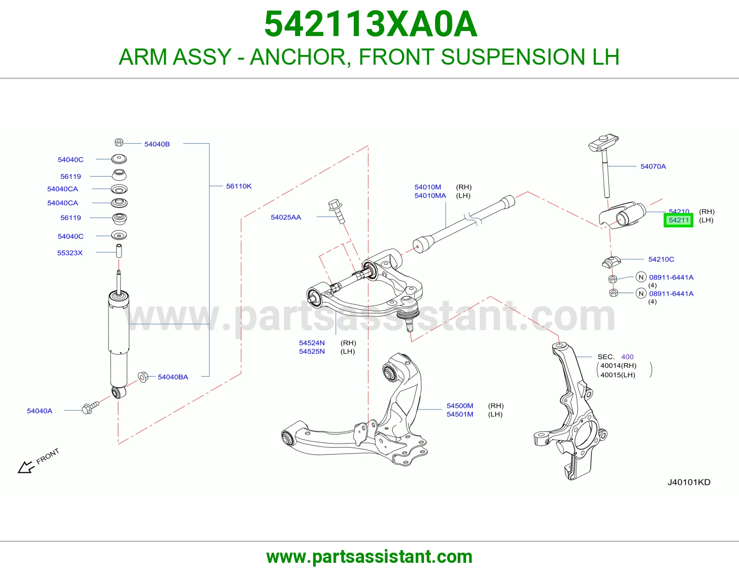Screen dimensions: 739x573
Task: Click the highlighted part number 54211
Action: (x=678, y=220)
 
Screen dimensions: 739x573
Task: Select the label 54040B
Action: (x=157, y=144)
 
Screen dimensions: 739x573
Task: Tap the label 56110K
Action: (x=239, y=186)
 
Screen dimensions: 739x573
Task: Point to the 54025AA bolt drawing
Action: (x=337, y=211)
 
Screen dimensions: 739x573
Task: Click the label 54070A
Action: (x=653, y=166)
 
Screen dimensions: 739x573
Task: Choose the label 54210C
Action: (x=661, y=259)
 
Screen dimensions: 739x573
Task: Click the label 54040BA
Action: (x=173, y=377)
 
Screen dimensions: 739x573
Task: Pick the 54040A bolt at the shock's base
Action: (x=91, y=407)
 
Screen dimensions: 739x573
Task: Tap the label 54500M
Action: (x=460, y=406)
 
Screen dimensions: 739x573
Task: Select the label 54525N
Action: (x=312, y=351)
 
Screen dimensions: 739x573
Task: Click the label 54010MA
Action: (x=430, y=195)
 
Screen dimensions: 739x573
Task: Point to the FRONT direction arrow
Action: (x=26, y=467)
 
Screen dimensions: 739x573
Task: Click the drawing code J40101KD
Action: (x=689, y=482)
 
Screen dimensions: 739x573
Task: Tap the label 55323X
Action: (x=70, y=253)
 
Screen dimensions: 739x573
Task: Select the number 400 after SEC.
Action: (x=627, y=357)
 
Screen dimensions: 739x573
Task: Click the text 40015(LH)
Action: (x=618, y=375)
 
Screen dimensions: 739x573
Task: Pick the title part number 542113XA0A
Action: (x=371, y=24)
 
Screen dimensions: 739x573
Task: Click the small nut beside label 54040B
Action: (x=119, y=142)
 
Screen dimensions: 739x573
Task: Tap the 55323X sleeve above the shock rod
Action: (x=119, y=251)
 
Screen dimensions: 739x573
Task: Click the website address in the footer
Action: (x=369, y=557)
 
